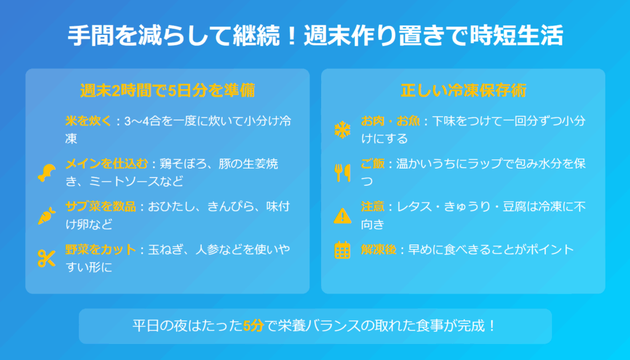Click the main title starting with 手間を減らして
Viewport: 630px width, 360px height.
[315, 35]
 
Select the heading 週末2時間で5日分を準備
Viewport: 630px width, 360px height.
[167, 90]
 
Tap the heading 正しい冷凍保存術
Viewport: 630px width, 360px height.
[463, 90]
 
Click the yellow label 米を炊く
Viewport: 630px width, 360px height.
[89, 121]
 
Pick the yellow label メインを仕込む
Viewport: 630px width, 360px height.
[107, 164]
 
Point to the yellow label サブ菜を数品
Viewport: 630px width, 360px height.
[101, 207]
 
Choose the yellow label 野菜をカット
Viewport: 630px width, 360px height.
[101, 249]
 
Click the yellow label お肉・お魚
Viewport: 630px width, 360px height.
[390, 121]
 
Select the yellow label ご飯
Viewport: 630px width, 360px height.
[372, 164]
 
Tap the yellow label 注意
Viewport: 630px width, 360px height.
[372, 207]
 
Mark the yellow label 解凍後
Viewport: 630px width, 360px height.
[378, 249]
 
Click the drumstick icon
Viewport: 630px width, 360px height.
[47, 173]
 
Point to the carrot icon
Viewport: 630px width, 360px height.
[47, 216]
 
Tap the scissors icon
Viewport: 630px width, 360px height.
[47, 258]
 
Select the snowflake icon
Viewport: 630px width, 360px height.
[342, 130]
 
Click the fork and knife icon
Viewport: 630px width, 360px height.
[342, 173]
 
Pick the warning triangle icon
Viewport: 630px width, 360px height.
[342, 216]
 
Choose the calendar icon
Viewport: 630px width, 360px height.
[342, 250]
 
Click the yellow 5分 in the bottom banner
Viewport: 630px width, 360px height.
[253, 326]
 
